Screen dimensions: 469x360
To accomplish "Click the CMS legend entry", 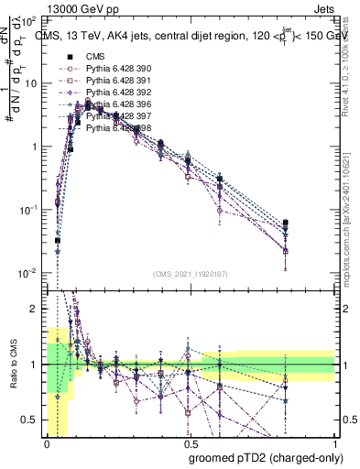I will point(94,57).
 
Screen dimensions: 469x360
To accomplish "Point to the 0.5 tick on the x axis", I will point(190,443).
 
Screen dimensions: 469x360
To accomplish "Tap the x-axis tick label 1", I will point(335,443).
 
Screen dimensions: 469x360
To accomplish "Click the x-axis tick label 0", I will point(46,443).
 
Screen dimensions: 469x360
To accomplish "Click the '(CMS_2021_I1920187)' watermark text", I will point(191,273).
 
